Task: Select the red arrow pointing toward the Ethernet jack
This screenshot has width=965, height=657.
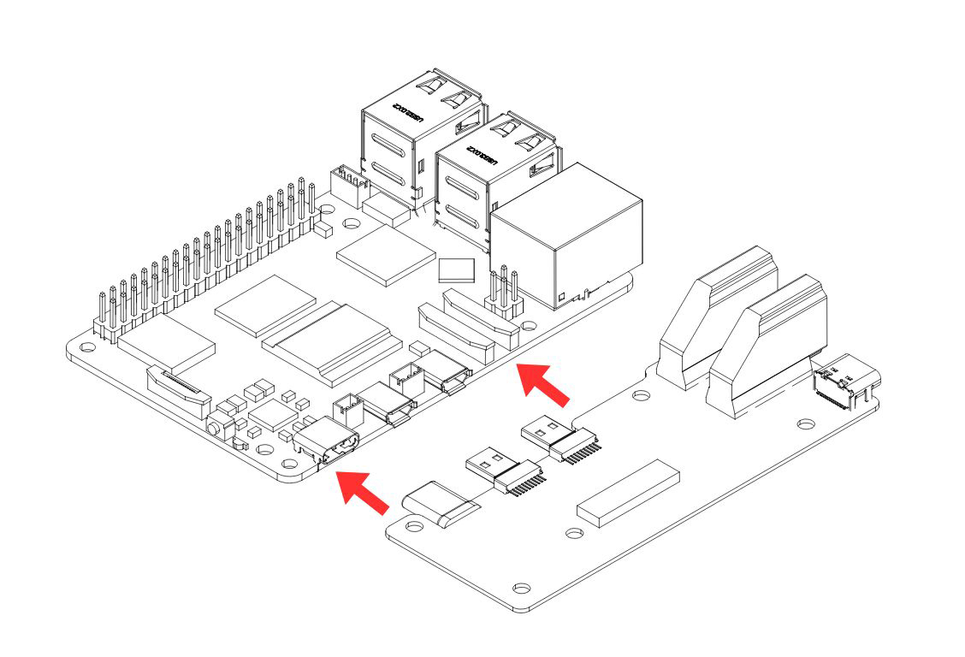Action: coord(545,383)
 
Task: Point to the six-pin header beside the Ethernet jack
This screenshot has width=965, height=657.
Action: coord(504,293)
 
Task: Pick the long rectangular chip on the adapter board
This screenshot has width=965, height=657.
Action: coord(628,492)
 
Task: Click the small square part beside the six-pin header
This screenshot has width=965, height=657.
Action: coord(456,270)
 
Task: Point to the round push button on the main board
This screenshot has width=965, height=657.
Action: coord(215,424)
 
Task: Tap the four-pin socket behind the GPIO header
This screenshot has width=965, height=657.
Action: coord(347,186)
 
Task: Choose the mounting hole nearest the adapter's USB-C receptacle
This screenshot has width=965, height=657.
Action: coord(805,423)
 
